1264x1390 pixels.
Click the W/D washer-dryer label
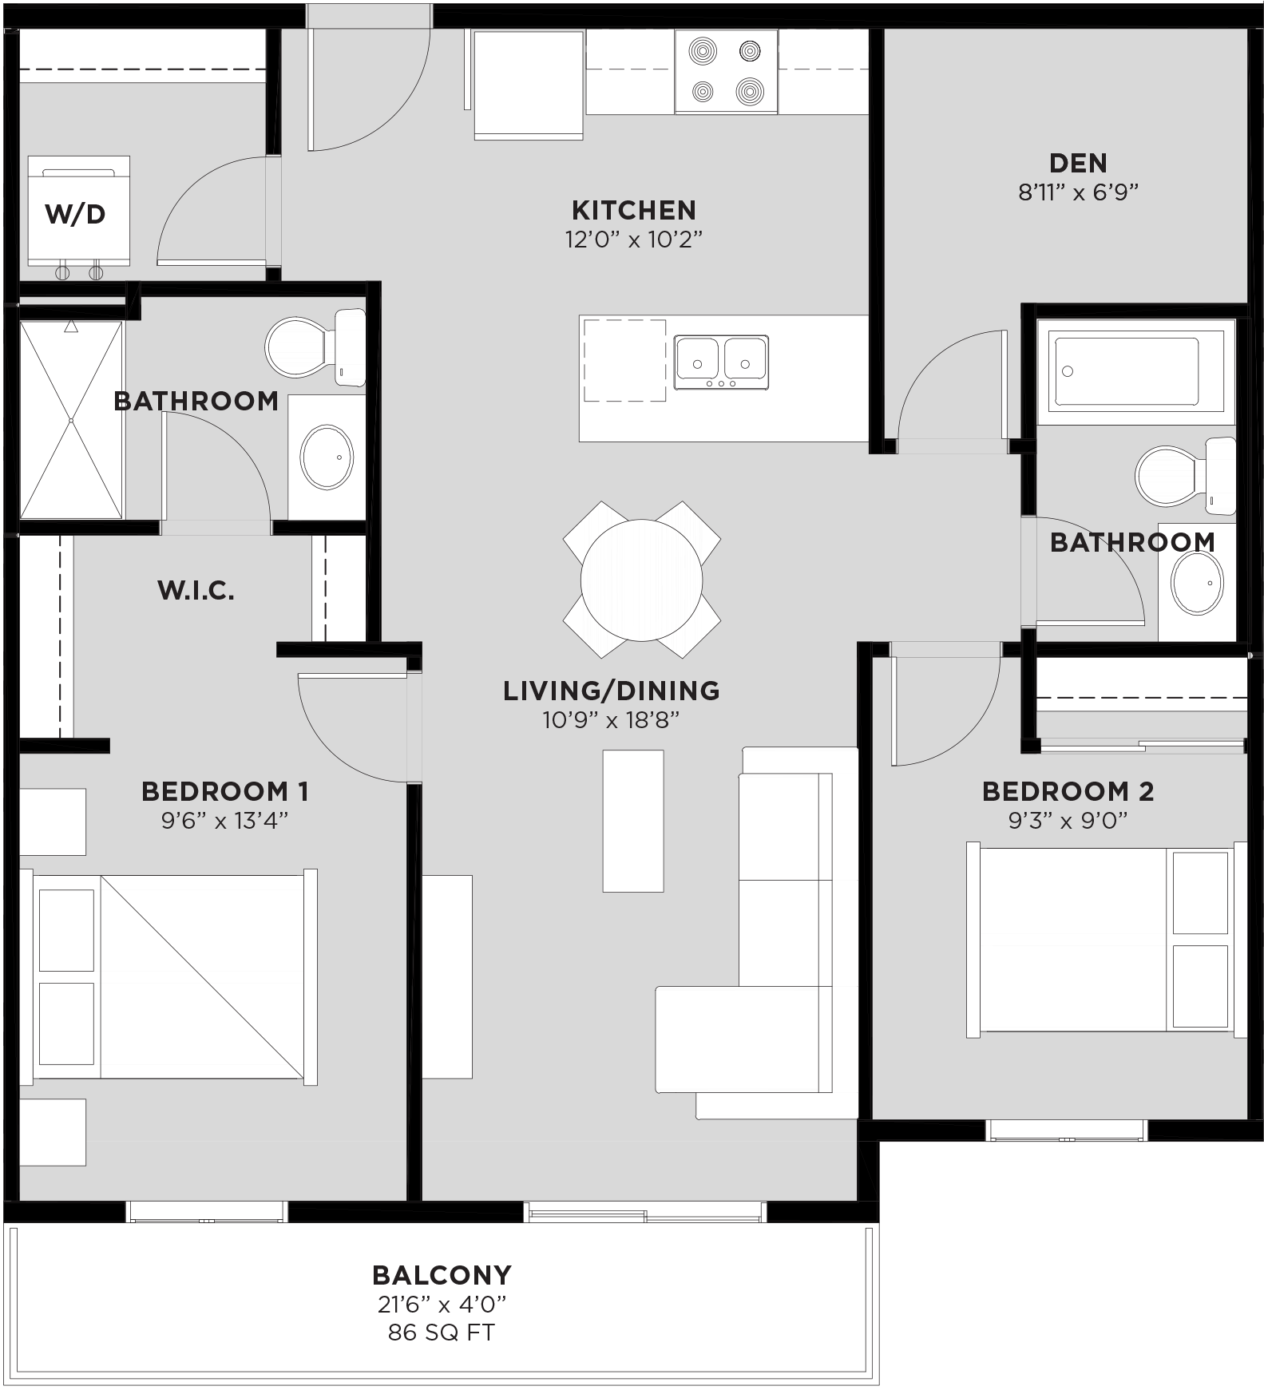[x=75, y=214]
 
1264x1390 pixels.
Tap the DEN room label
[x=1077, y=163]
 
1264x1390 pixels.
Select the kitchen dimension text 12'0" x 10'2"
[x=633, y=240]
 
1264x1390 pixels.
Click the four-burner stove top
[x=725, y=72]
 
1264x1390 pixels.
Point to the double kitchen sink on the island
[x=720, y=362]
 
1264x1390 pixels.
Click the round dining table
[x=641, y=580]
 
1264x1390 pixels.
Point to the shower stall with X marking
[x=71, y=420]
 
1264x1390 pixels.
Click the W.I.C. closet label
[x=196, y=591]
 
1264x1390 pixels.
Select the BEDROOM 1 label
[x=224, y=791]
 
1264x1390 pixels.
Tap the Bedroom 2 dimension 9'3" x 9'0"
[x=1067, y=820]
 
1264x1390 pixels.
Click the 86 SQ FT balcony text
[x=441, y=1333]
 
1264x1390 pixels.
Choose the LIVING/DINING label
[x=611, y=691]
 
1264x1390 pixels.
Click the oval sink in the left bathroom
[x=326, y=457]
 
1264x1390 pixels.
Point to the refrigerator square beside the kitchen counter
[x=528, y=83]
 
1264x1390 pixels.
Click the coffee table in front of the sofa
[x=632, y=820]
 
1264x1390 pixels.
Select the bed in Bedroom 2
[x=1102, y=939]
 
